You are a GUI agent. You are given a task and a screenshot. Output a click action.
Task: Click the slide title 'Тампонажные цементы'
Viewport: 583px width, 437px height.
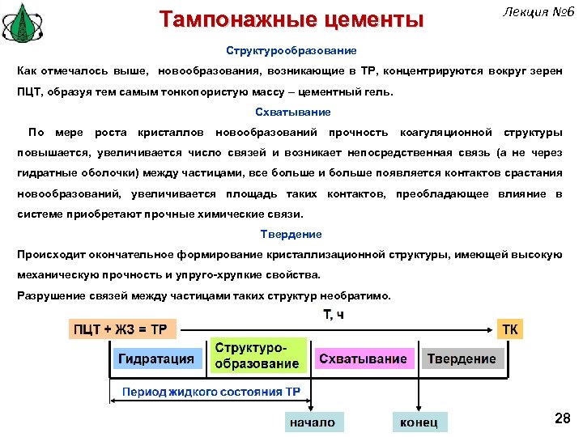[x=291, y=19]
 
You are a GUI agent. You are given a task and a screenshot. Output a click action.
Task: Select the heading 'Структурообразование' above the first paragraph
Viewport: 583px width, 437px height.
[x=291, y=50]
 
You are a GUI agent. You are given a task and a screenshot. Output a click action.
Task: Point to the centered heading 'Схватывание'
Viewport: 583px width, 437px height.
[x=292, y=112]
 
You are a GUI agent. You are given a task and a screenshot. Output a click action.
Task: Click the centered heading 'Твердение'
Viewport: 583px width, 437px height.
[x=291, y=234]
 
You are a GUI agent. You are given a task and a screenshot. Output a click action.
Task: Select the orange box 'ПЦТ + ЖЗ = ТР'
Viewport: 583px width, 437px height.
[x=121, y=329]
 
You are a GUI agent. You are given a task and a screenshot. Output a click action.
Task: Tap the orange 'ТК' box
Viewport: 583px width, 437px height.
[x=511, y=329]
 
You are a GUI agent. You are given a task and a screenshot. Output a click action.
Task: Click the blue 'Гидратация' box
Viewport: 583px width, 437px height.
[x=156, y=359]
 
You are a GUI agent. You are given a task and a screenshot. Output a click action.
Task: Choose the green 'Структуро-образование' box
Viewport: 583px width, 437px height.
[x=257, y=355]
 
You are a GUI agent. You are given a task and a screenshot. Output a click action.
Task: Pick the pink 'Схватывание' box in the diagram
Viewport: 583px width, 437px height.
[x=363, y=359]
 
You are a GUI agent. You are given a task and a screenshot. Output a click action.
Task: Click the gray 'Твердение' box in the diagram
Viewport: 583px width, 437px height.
[x=462, y=359]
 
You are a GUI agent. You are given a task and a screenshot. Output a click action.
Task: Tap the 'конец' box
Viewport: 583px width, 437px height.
[x=419, y=422]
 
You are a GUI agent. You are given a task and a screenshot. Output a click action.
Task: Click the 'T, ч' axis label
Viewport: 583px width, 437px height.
[x=333, y=314]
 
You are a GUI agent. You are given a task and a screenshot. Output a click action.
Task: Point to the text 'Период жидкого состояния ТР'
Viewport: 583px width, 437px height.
[x=211, y=392]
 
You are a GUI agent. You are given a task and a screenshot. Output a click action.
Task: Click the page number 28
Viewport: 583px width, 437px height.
[x=562, y=418]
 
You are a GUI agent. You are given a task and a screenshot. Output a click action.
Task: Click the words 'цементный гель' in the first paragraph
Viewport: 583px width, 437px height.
[x=350, y=92]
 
